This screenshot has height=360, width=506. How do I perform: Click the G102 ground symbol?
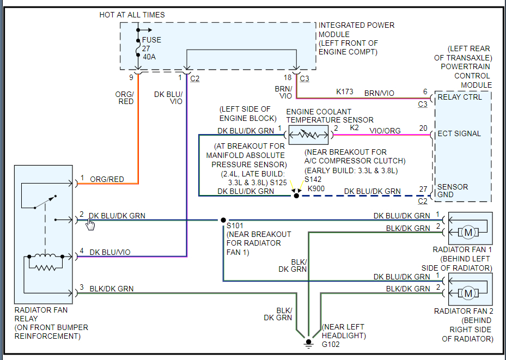click(x=308, y=344)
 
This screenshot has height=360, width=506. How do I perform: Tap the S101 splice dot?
click(x=223, y=220)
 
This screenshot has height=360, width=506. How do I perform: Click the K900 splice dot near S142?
click(x=296, y=196)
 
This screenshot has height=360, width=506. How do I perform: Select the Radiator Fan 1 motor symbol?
click(x=468, y=232)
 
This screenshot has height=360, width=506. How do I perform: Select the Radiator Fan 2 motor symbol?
click(x=468, y=293)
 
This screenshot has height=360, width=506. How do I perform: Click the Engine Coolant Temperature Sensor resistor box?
click(x=308, y=135)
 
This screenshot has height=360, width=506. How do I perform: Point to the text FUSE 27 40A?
click(x=151, y=48)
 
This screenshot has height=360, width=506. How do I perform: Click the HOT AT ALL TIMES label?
click(x=132, y=15)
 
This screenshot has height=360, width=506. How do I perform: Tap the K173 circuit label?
click(x=345, y=91)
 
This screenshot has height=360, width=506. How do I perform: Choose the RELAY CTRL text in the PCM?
click(x=460, y=97)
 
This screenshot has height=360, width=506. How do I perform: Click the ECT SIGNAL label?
click(x=459, y=133)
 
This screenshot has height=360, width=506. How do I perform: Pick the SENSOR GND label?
click(x=453, y=191)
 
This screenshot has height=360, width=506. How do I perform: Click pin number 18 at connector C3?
click(x=288, y=77)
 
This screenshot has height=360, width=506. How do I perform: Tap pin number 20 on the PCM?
click(x=423, y=129)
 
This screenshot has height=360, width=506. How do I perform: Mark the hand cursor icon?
click(x=90, y=224)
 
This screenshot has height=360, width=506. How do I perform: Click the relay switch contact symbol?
click(x=45, y=202)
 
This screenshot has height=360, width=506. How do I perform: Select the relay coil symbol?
click(x=46, y=261)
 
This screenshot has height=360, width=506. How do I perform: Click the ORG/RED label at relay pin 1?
click(x=107, y=179)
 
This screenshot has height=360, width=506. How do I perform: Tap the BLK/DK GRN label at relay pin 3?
click(x=111, y=289)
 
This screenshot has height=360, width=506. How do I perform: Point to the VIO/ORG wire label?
click(x=385, y=131)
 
